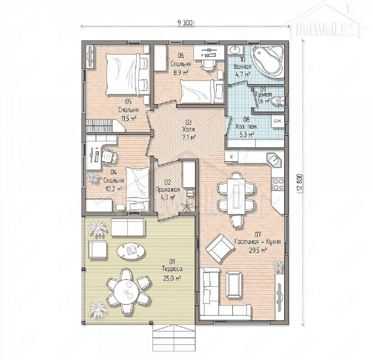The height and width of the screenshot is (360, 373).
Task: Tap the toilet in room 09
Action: click(x=278, y=100)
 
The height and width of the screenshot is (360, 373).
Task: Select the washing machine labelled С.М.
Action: click(x=278, y=121)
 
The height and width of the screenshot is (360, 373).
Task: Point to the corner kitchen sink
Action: click(x=275, y=160)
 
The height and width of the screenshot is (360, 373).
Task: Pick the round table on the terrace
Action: click(x=126, y=293)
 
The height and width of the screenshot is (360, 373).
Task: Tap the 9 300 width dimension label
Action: click(x=185, y=23)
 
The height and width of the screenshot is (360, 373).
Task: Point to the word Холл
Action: click(x=189, y=130)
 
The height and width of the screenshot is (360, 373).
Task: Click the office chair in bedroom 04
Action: click(x=109, y=156)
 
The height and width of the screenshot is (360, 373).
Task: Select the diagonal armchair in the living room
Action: click(x=220, y=248)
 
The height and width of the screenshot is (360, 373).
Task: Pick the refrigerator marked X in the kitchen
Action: click(x=231, y=157)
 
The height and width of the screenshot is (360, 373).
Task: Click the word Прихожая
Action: click(x=168, y=190)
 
